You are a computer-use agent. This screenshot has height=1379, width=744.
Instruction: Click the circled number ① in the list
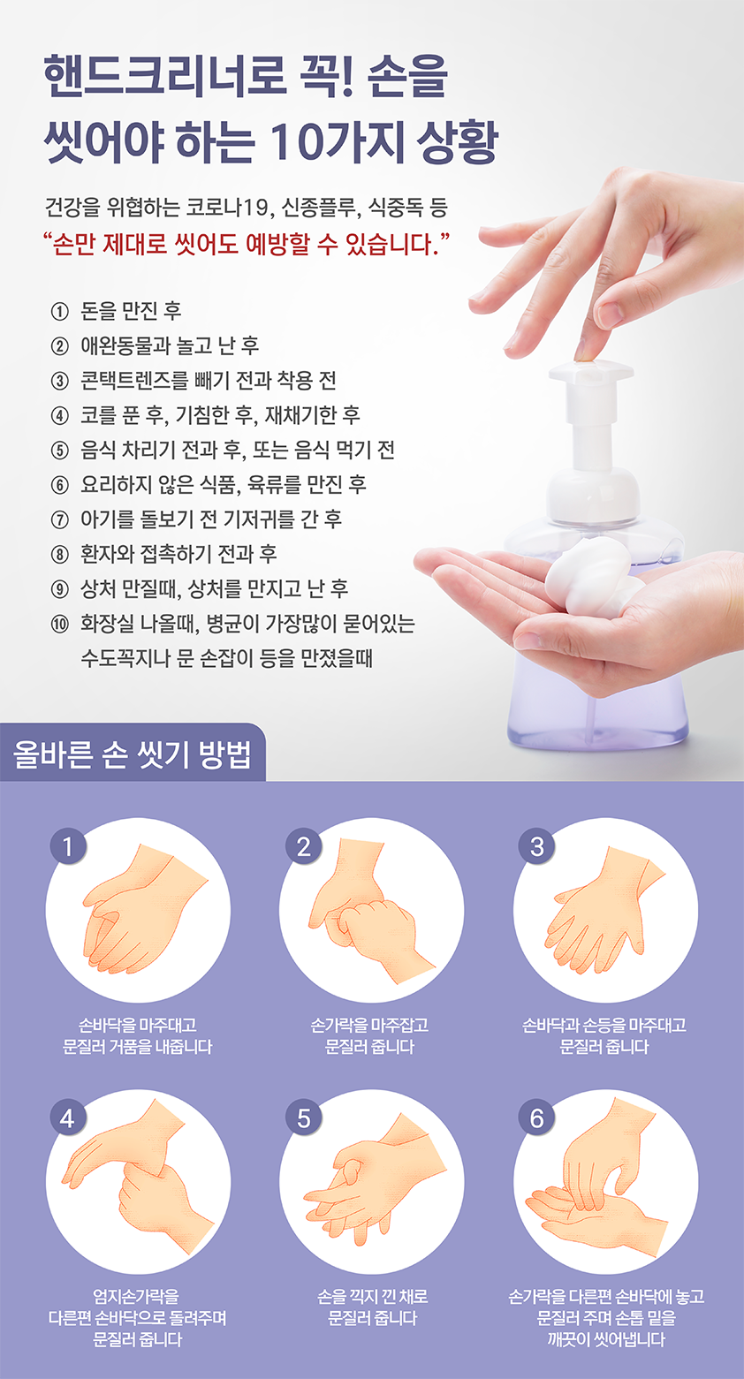tap(59, 312)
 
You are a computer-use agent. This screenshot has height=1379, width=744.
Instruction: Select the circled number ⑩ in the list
tap(59, 625)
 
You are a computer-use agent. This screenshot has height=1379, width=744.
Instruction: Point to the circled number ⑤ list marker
tap(59, 451)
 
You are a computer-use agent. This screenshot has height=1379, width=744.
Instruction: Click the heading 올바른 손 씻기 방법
tap(132, 754)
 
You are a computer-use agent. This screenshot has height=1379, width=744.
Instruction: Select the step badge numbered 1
tap(68, 846)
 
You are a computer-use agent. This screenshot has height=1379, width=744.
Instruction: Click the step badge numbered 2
tap(304, 846)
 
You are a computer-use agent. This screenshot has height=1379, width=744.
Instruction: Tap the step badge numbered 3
tap(537, 846)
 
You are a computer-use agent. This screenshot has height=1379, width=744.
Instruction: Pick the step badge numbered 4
tap(68, 1118)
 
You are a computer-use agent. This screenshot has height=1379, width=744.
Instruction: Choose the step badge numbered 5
tap(304, 1118)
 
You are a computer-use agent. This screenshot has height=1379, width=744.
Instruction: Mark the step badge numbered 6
tap(537, 1118)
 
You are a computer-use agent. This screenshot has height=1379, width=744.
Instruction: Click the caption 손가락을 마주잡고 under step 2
tap(369, 1025)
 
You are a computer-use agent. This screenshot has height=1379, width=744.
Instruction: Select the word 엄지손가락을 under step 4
tap(136, 1297)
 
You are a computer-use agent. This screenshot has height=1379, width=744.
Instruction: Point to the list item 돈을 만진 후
tap(131, 312)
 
